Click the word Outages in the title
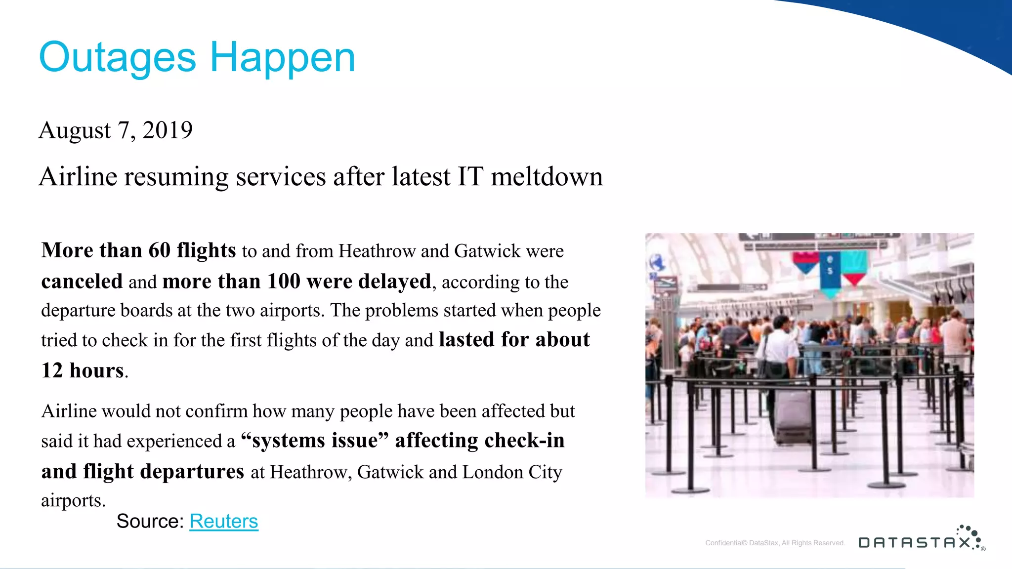118,58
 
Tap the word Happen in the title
283,58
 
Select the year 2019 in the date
168,130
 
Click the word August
75,131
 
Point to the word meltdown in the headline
547,177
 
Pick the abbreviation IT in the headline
469,177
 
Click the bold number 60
160,250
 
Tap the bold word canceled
82,282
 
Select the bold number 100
284,282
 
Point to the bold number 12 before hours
52,370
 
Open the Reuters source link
224,522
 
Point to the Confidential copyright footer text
775,543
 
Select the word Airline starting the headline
78,177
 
